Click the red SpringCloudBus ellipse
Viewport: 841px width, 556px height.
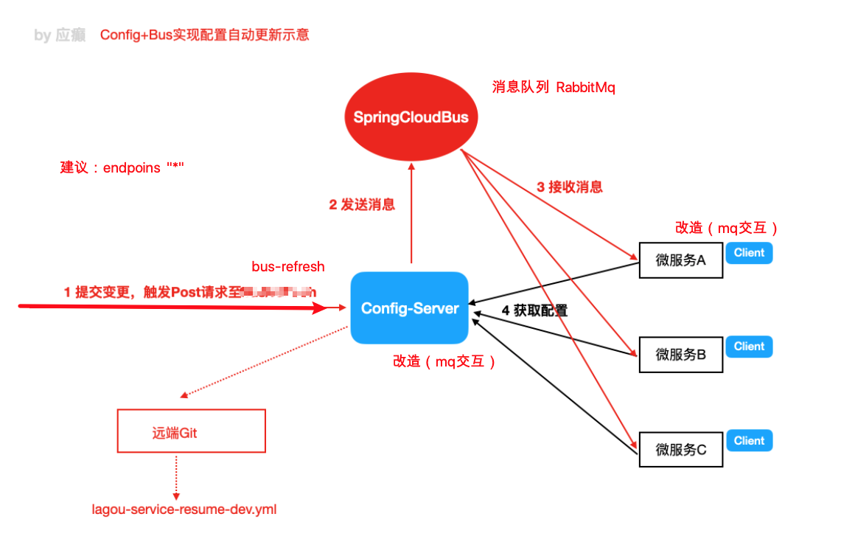tap(411, 117)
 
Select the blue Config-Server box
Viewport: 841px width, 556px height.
tap(409, 308)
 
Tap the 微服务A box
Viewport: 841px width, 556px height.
tap(680, 260)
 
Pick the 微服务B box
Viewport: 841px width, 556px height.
tap(680, 355)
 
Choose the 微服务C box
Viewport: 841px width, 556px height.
tap(680, 449)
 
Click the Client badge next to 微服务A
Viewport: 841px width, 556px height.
tap(749, 253)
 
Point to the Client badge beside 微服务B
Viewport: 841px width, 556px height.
tap(749, 347)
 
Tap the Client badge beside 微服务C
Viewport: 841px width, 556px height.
tap(749, 441)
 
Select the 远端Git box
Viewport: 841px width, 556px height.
tap(191, 431)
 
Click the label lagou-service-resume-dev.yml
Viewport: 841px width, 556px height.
tap(184, 510)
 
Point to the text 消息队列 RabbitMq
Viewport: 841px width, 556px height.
tap(553, 88)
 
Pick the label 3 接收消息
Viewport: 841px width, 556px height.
tap(570, 187)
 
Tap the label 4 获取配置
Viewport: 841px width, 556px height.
tap(534, 311)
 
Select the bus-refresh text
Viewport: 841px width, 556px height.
tap(288, 267)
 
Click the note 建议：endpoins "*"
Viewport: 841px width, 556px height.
tap(122, 168)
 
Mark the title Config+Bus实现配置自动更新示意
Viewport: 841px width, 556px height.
tap(204, 35)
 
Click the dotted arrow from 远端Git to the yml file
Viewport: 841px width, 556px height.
tap(176, 476)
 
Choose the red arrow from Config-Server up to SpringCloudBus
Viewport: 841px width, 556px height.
tap(411, 214)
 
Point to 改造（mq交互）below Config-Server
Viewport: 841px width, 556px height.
tap(444, 361)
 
